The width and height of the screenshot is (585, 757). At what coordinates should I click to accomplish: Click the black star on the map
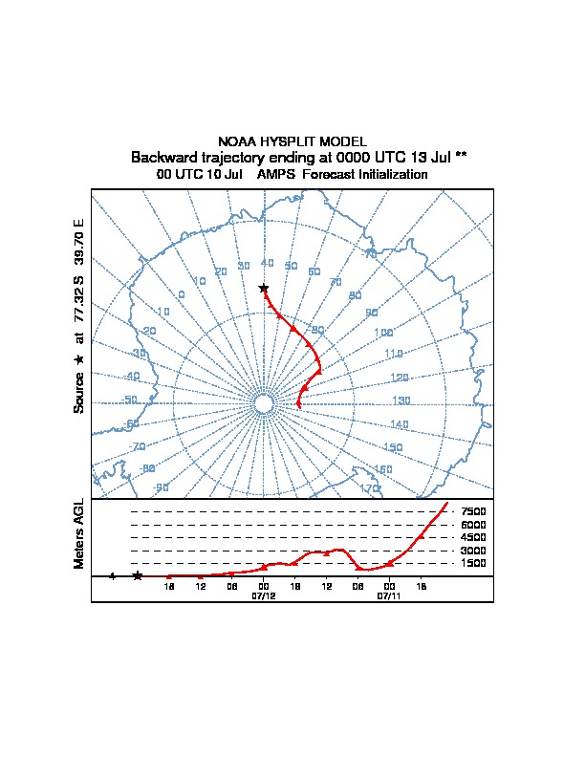[264, 288]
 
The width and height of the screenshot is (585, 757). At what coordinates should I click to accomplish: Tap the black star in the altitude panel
[138, 575]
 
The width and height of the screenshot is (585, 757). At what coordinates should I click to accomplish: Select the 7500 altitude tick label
[473, 512]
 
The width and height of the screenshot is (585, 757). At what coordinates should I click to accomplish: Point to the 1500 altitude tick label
[473, 564]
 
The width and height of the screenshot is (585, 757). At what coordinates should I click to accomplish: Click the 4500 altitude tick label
[473, 538]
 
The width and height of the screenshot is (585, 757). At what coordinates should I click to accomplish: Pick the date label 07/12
[263, 595]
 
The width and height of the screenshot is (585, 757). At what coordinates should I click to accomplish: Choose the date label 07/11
[389, 595]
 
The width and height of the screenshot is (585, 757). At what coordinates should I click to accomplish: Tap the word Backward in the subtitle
[165, 157]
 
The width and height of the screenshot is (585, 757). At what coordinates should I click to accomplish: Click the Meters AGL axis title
[79, 533]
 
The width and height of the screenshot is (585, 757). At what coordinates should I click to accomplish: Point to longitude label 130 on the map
[401, 400]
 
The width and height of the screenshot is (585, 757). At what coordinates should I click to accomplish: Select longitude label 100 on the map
[383, 333]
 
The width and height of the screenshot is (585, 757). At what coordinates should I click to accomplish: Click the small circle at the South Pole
[264, 404]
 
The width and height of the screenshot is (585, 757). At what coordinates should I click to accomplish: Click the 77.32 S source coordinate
[79, 299]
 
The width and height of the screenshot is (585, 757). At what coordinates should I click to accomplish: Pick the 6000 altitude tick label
[473, 525]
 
